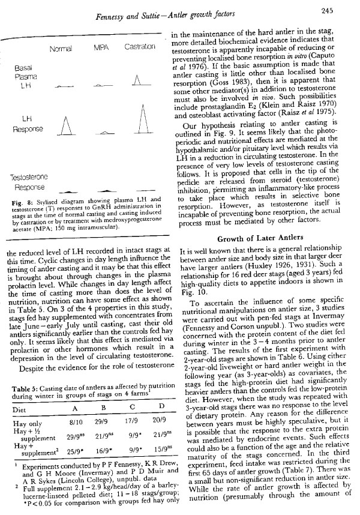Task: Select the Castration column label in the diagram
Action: (140, 47)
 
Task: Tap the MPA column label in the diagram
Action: (100, 47)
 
